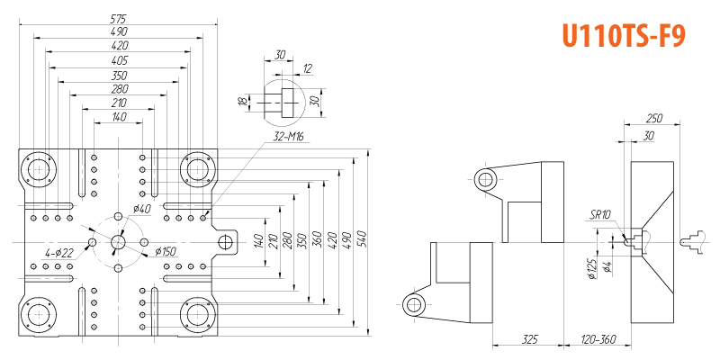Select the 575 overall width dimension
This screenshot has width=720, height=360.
[119, 19]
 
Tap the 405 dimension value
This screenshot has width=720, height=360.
[120, 60]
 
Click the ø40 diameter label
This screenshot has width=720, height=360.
[142, 209]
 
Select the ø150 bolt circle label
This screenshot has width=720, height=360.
[166, 252]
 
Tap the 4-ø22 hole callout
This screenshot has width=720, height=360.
[59, 253]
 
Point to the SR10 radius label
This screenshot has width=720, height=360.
[601, 215]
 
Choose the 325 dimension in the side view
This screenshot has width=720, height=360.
[529, 339]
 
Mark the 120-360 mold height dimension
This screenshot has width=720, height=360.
[598, 339]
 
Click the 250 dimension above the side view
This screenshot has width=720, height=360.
[653, 118]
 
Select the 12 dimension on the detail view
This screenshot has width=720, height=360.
[307, 69]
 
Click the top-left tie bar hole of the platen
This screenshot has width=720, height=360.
[39, 170]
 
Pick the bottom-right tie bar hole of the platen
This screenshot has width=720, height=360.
[198, 315]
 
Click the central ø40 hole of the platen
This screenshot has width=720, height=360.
[118, 241]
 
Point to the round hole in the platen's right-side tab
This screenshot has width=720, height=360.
[225, 241]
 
